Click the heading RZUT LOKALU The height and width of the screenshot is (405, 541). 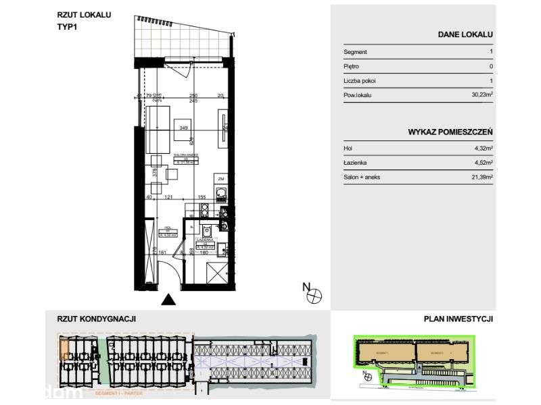point(85,13)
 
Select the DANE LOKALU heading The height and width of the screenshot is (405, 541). point(465,34)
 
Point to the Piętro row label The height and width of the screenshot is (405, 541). point(351,66)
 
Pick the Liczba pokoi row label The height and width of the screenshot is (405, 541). point(359,81)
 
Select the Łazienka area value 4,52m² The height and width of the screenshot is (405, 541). point(482,163)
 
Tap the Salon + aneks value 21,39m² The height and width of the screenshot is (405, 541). point(481,177)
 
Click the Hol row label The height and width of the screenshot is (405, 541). point(348,148)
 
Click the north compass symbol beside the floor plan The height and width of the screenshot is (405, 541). point(314,294)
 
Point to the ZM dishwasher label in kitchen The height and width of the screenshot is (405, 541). point(220,178)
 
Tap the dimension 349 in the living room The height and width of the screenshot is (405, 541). point(182,127)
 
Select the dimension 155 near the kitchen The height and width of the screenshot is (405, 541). point(202,197)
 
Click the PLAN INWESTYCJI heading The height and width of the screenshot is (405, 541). point(458,319)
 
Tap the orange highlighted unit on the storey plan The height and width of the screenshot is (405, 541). point(64,349)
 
